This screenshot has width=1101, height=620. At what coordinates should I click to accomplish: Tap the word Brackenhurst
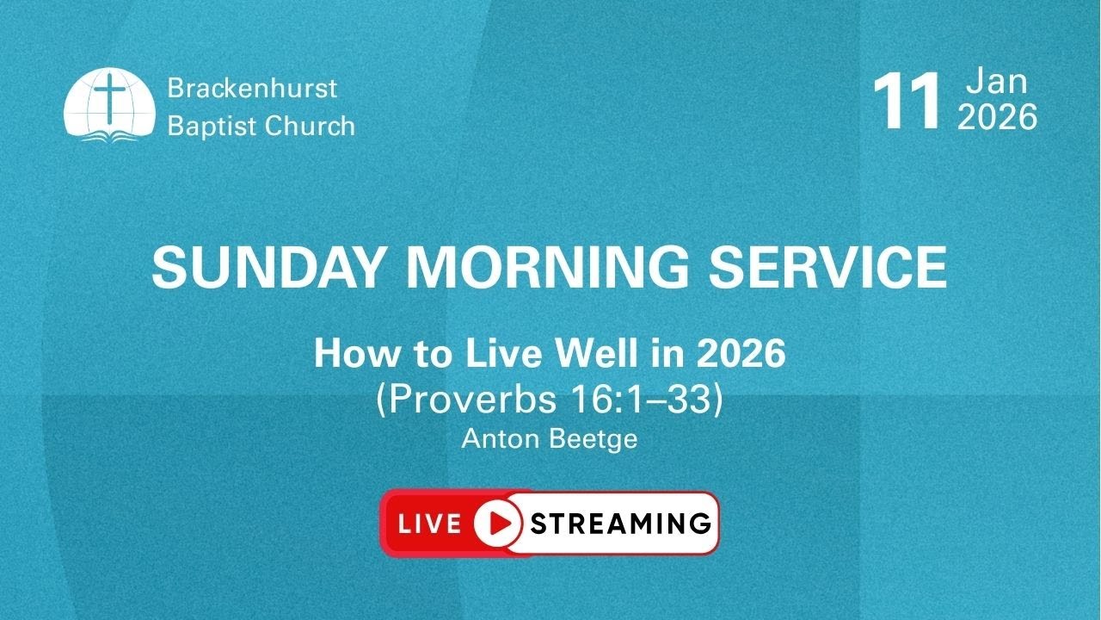coord(252,88)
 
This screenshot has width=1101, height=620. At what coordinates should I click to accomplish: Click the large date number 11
coord(907,104)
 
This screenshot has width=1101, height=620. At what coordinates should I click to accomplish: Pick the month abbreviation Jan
coord(996,82)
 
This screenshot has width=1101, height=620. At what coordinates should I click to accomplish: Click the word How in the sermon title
coord(346,354)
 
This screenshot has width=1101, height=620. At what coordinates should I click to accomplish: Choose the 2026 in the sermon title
coord(741,354)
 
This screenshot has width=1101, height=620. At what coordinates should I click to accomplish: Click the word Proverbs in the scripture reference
coord(459,401)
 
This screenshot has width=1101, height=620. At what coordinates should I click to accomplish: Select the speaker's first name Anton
coord(495,439)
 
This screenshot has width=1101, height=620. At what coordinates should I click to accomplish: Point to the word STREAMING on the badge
coord(621,524)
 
